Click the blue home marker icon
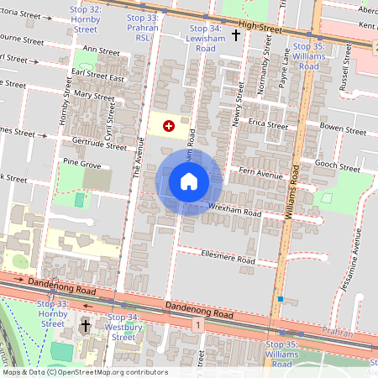pyautogui.click(x=189, y=181)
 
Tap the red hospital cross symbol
pyautogui.click(x=169, y=126)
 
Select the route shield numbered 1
pyautogui.click(x=196, y=324)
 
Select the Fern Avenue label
pyautogui.click(x=261, y=175)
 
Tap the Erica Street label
pyautogui.click(x=266, y=126)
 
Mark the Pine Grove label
pyautogui.click(x=81, y=165)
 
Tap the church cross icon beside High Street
pyautogui.click(x=235, y=35)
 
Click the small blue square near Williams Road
pyautogui.click(x=280, y=298)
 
